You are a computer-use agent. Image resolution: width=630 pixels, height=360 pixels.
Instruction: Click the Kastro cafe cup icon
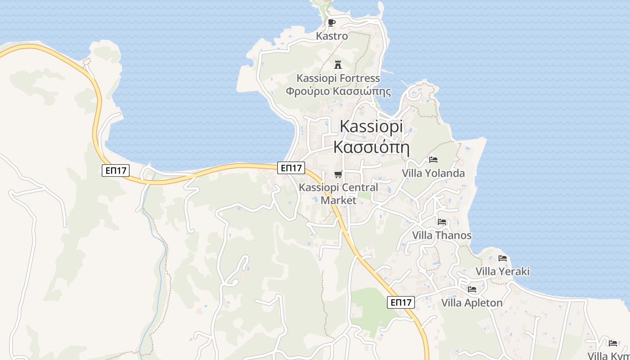[x=332, y=23]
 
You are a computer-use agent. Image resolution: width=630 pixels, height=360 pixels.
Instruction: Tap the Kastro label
[x=332, y=36]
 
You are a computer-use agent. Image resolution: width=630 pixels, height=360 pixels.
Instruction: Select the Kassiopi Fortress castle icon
[x=338, y=64]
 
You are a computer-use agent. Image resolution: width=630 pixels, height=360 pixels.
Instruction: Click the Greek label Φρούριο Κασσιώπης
[x=338, y=91]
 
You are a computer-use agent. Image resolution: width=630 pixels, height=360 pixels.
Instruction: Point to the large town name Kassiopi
[x=371, y=126]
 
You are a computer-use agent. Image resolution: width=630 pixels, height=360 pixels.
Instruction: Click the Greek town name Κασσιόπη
[x=371, y=147]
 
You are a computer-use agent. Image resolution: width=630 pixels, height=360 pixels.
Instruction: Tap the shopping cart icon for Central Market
[x=338, y=174]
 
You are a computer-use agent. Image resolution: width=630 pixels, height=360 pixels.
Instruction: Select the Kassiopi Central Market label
[x=338, y=193]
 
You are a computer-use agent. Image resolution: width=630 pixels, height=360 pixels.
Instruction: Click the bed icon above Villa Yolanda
[x=433, y=159]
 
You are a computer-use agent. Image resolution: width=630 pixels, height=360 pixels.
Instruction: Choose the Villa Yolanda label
[x=433, y=173]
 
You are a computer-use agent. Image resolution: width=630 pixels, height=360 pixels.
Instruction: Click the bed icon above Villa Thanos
[x=442, y=221]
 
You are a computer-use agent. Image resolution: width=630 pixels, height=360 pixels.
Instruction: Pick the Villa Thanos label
[x=442, y=235]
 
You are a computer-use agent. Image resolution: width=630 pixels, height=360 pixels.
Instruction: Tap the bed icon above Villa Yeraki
[x=503, y=258]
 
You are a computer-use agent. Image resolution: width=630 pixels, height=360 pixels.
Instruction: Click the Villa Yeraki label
[x=503, y=271]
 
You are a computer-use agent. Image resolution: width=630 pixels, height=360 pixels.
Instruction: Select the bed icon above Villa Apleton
[x=472, y=289]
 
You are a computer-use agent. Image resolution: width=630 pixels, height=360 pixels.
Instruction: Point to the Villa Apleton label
[x=472, y=303]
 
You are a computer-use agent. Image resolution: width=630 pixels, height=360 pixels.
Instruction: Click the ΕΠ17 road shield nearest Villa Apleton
[x=401, y=302]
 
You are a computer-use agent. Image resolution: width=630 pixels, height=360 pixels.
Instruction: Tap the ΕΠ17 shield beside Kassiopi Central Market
[x=291, y=168]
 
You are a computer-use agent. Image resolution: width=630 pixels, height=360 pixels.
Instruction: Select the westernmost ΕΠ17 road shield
[x=116, y=171]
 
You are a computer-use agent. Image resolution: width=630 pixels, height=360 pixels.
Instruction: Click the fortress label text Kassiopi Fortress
[x=338, y=78]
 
